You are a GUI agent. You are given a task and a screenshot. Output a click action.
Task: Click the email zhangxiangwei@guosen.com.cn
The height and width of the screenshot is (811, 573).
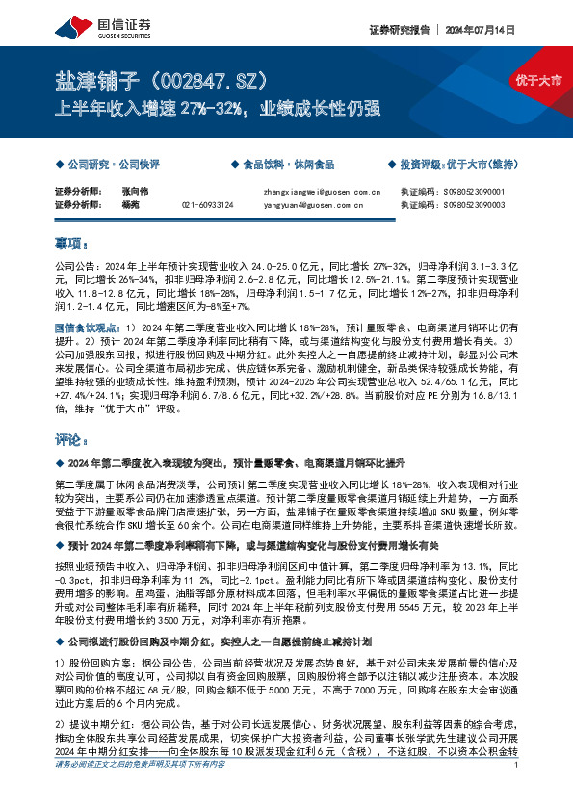[x=322, y=191]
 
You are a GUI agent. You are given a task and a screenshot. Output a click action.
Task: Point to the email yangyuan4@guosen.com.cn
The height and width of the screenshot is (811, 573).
[x=312, y=204]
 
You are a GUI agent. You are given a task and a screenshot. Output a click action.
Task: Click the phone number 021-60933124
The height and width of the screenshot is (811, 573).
[x=207, y=204]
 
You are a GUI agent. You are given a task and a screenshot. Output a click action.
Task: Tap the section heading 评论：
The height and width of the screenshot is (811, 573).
[x=71, y=441]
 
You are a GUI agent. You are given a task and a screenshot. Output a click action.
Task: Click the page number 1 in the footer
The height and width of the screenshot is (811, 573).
[x=517, y=792]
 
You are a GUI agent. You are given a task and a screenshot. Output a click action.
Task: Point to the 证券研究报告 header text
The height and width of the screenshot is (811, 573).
[x=398, y=30]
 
